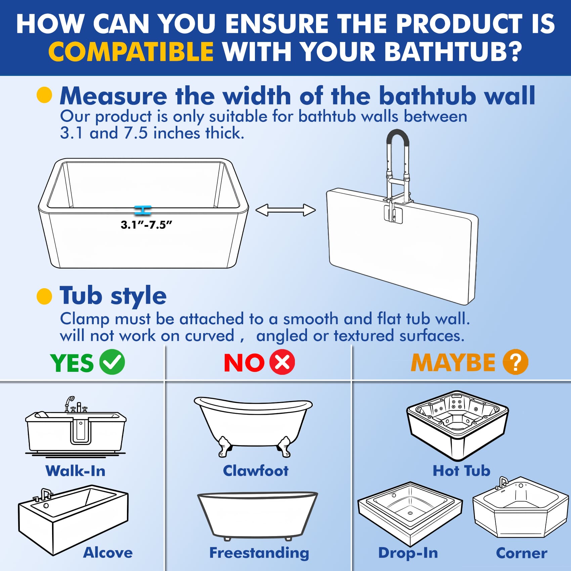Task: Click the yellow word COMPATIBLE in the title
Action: click(x=131, y=52)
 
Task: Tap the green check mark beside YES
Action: click(x=112, y=362)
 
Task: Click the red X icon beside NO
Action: click(x=282, y=362)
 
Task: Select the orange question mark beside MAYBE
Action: click(x=515, y=362)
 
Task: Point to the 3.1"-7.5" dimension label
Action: click(x=146, y=225)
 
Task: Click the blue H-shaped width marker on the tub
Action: click(x=143, y=211)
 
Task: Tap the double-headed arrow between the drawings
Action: click(x=285, y=210)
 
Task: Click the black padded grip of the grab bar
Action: click(x=398, y=134)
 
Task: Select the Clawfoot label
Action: click(x=256, y=471)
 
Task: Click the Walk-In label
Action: click(x=76, y=471)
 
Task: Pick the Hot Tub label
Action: click(x=461, y=471)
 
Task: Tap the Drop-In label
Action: click(x=408, y=553)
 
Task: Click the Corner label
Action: click(x=521, y=553)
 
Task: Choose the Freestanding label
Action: click(x=259, y=553)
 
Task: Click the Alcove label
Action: click(x=108, y=553)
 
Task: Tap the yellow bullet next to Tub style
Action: click(x=44, y=296)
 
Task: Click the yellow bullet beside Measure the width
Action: click(x=44, y=95)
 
